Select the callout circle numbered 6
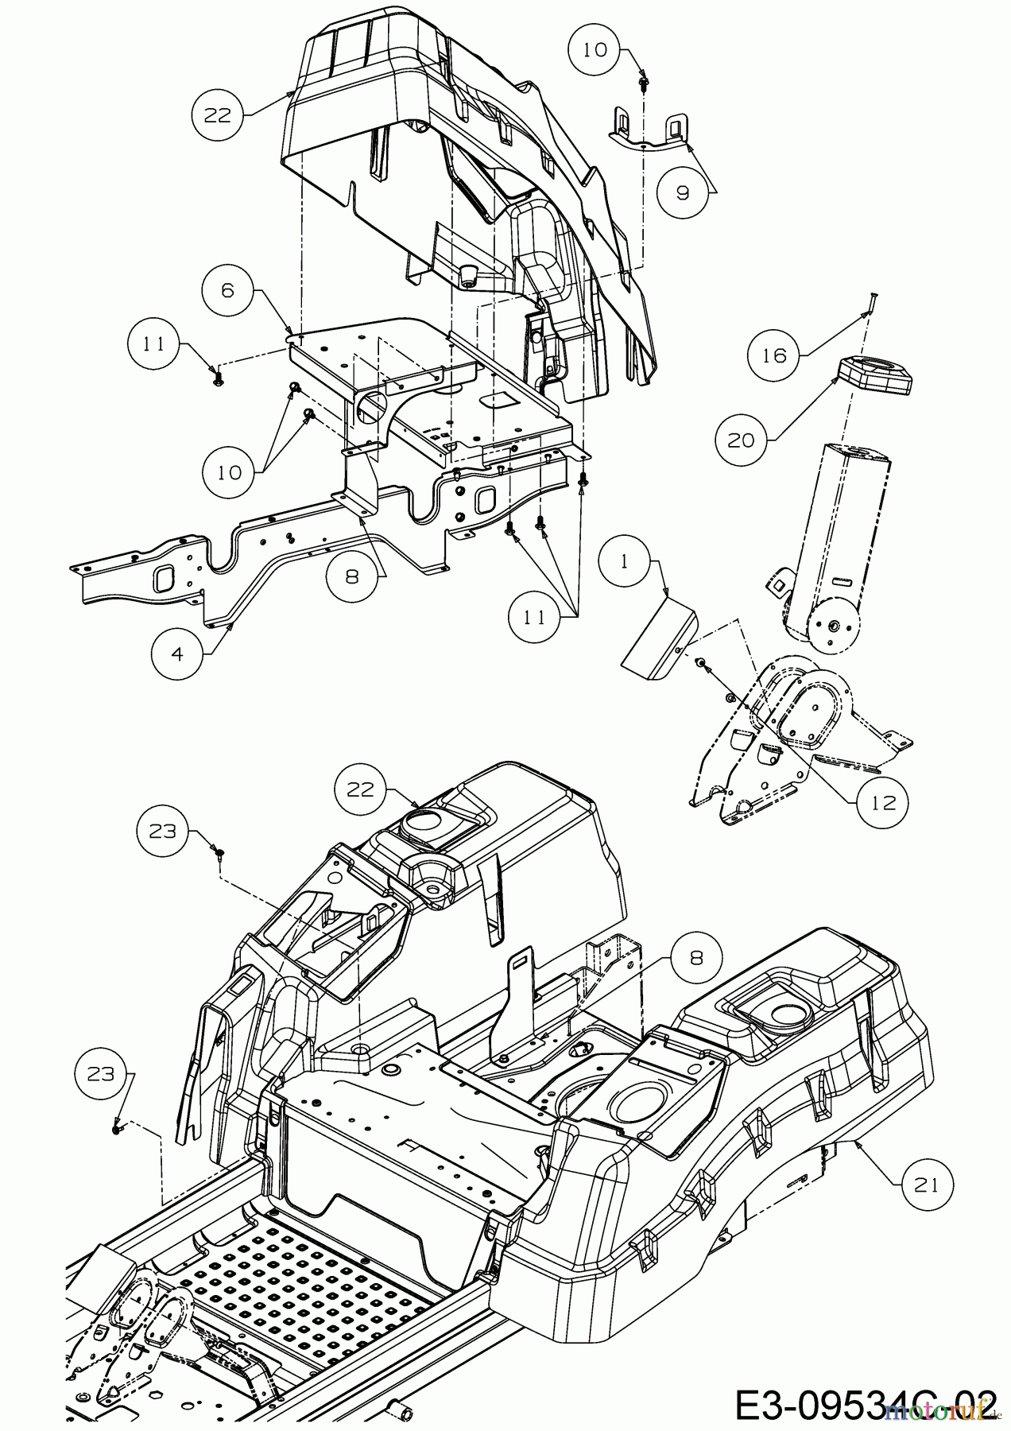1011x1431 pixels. (x=228, y=291)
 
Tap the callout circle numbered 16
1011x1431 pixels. (x=773, y=355)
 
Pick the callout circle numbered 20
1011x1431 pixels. (x=741, y=439)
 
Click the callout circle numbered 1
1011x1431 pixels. (x=624, y=560)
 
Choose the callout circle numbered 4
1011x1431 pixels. (x=176, y=653)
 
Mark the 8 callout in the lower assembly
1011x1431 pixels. (x=696, y=958)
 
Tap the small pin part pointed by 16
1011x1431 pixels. (x=871, y=303)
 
